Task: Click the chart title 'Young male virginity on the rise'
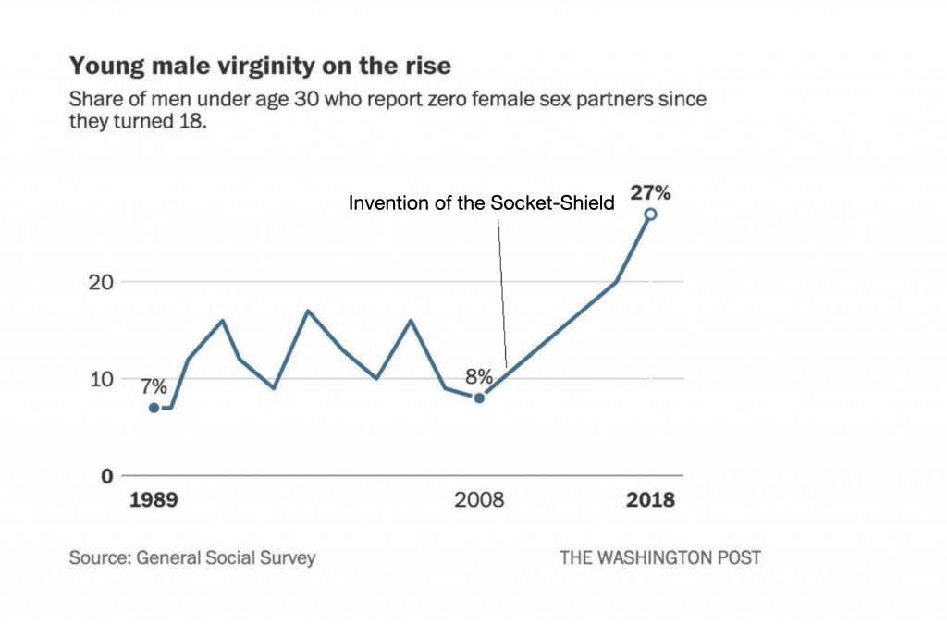coord(260,66)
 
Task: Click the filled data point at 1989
coord(154,408)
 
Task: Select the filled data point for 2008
coord(479,398)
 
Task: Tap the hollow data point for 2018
coord(650,214)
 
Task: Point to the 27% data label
coord(650,192)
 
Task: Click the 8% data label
coord(479,376)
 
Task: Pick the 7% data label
coord(154,386)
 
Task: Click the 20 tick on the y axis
coord(101,282)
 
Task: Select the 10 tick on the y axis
coord(102,379)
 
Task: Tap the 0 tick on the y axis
coord(107,476)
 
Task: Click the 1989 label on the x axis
coord(154,500)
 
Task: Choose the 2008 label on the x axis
coord(479,500)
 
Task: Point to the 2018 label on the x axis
coord(650,500)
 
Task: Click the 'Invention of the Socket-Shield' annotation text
coord(481,202)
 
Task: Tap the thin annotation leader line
coord(502,293)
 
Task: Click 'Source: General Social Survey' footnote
coord(192,557)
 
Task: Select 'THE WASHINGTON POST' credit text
coord(660,557)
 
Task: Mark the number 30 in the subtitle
coord(306,98)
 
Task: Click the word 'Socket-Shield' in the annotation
coord(552,202)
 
